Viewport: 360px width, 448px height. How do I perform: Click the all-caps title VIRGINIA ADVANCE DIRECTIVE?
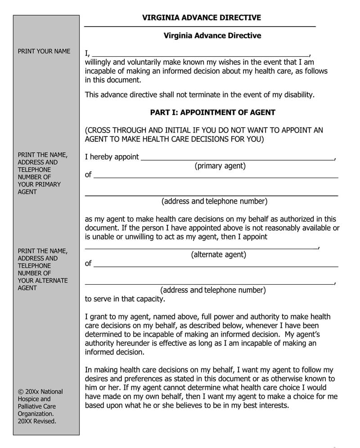tap(201, 18)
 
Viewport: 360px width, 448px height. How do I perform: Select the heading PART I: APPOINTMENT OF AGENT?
tap(212, 112)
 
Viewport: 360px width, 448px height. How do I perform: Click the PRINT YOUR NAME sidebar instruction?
tap(44, 51)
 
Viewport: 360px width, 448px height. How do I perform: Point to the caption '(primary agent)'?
tap(220, 166)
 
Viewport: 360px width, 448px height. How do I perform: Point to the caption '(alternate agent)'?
tap(219, 255)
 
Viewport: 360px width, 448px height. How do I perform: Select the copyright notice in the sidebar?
tap(40, 406)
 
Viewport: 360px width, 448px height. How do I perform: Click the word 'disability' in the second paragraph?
tap(295, 94)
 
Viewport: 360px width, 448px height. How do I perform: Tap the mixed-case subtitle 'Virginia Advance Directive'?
tap(212, 36)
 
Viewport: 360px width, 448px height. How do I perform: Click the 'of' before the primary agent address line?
tap(88, 175)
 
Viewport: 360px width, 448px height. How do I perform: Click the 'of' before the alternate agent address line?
tap(88, 263)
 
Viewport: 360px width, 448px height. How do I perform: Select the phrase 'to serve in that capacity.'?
tap(125, 299)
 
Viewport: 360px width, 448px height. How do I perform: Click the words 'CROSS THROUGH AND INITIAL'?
tap(133, 130)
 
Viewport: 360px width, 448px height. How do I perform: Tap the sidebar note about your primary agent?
tap(42, 173)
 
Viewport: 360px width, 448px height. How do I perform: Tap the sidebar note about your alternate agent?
tap(42, 269)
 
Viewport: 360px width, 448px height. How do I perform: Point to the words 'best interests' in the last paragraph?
tap(265, 405)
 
